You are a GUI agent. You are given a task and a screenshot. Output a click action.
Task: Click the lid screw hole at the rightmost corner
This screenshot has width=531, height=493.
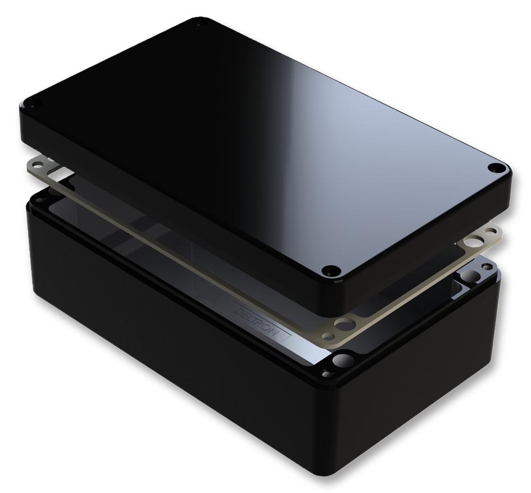(x=496, y=168)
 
